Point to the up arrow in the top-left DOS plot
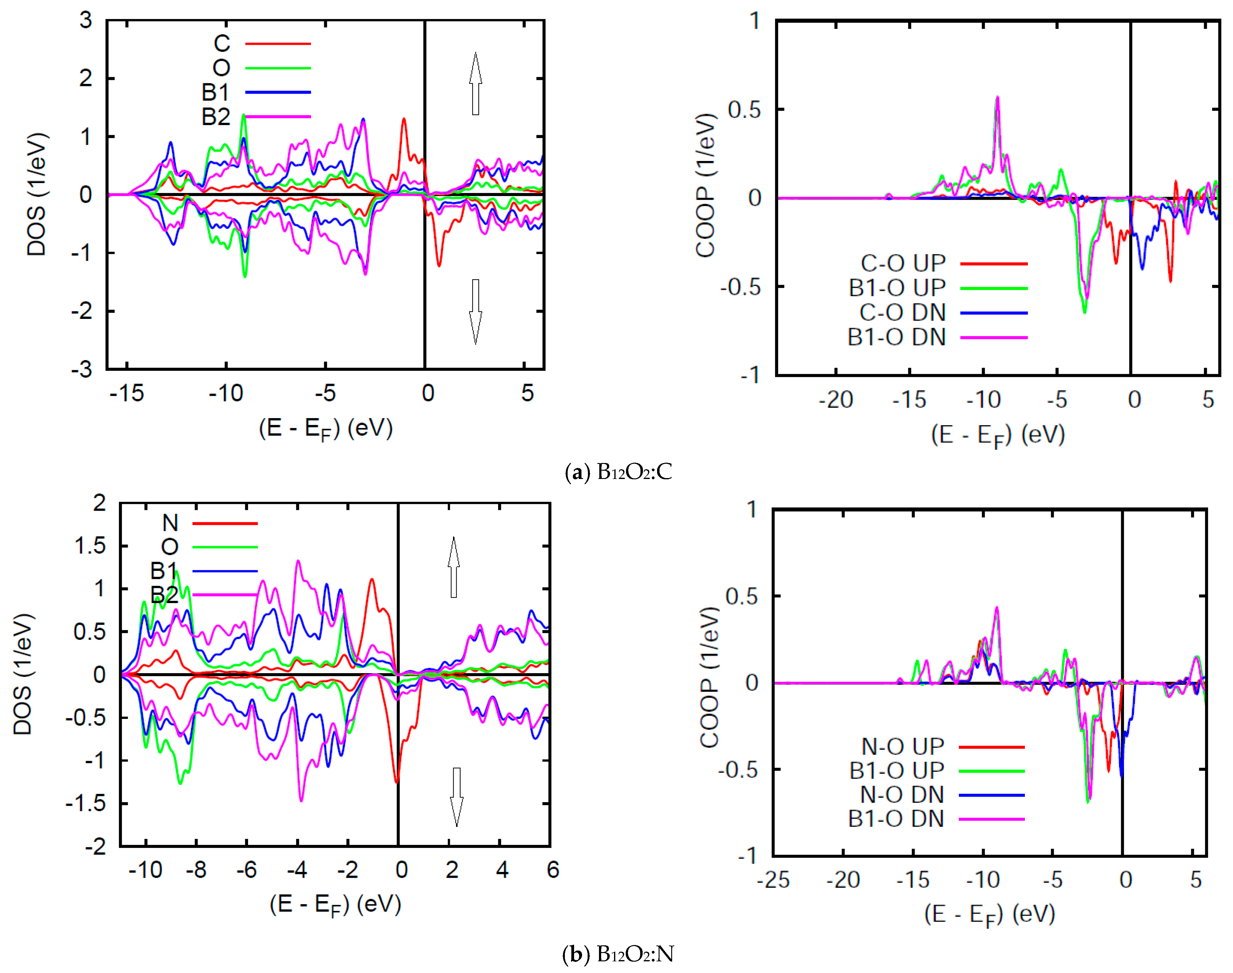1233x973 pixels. (475, 84)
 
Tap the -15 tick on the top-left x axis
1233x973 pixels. (127, 393)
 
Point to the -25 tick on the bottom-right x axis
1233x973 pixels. (773, 880)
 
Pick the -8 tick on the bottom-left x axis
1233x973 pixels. (196, 870)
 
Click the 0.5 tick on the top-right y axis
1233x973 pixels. (744, 109)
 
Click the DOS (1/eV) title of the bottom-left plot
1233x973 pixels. (23, 674)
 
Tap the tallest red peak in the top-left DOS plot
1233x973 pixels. (404, 119)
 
